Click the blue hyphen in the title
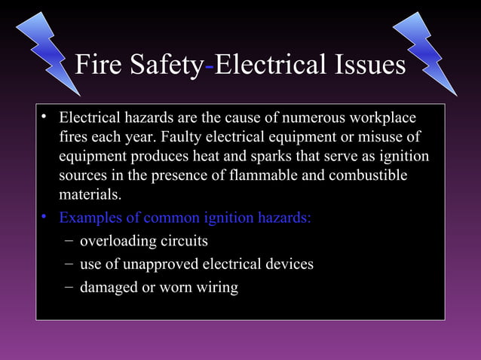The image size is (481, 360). pyautogui.click(x=210, y=67)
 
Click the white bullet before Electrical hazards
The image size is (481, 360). pyautogui.click(x=45, y=118)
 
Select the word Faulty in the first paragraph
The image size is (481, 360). pyautogui.click(x=175, y=139)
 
